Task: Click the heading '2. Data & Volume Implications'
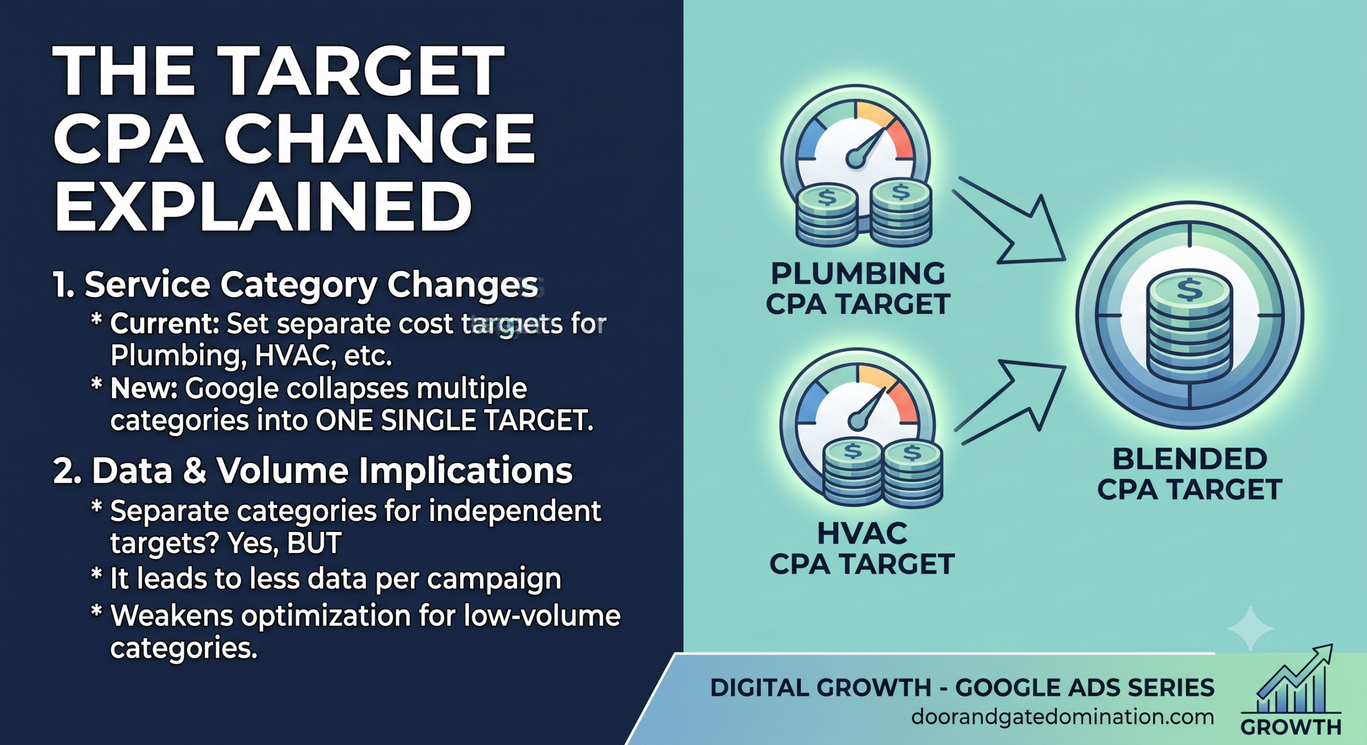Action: [x=313, y=471]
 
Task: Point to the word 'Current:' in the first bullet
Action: [x=164, y=323]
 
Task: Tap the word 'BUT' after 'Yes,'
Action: [x=314, y=543]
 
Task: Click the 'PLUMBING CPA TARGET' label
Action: [x=858, y=289]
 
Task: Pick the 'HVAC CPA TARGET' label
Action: [x=862, y=549]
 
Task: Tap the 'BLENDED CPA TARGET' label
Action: [x=1190, y=474]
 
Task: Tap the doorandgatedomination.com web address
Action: [x=1063, y=717]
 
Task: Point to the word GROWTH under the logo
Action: [x=1291, y=727]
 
